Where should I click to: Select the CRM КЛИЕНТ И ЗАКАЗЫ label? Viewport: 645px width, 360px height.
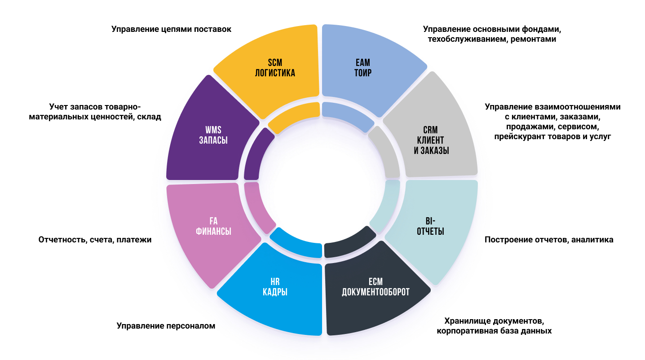pos(431,140)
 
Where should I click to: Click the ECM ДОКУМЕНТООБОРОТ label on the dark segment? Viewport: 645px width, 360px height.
pos(376,287)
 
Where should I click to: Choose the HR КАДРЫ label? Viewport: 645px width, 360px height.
pos(275,287)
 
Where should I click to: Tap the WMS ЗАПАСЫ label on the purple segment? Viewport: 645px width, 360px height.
pos(213,135)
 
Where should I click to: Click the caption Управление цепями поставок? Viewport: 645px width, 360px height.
pos(171,30)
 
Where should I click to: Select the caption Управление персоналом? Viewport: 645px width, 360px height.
pos(166,326)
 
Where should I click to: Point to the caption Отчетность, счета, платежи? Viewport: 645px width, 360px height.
pos(95,240)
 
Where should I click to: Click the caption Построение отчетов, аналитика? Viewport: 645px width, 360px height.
pos(549,240)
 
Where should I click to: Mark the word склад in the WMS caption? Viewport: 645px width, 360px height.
pos(150,117)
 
